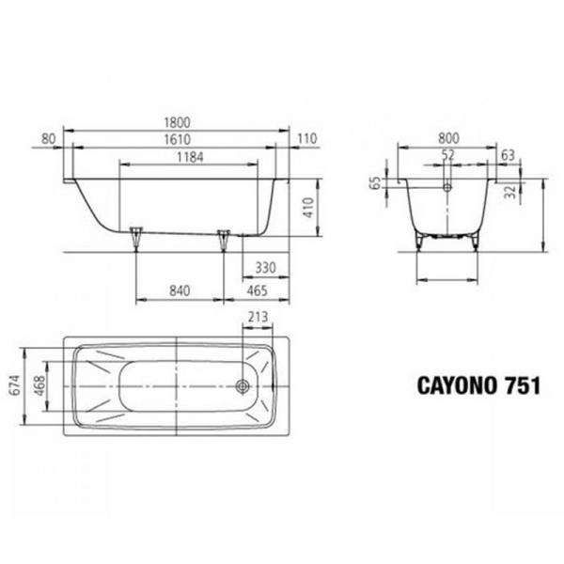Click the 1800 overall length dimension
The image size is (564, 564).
(x=176, y=121)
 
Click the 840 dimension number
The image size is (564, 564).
(x=180, y=290)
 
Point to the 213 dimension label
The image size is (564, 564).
(x=258, y=318)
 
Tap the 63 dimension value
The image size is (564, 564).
(x=508, y=154)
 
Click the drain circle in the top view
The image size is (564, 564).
(x=243, y=385)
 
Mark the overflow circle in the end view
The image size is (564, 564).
(x=447, y=185)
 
